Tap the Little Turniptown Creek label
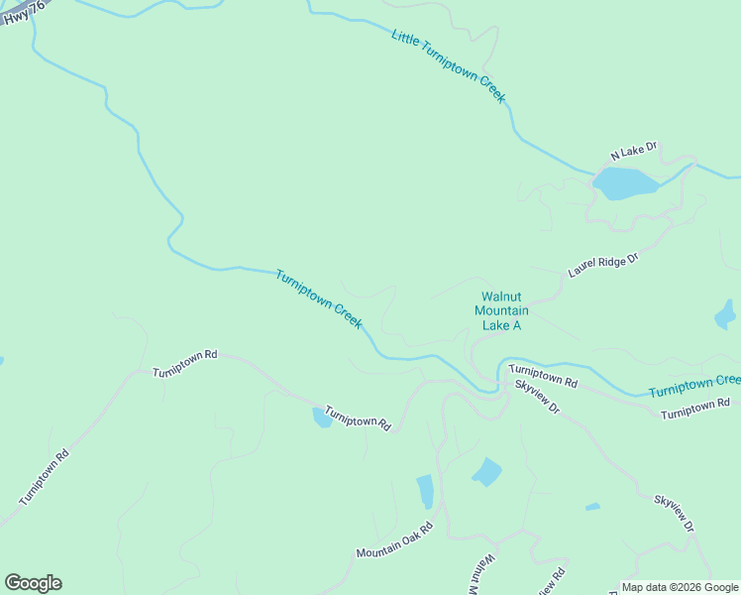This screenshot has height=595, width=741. click(x=449, y=66)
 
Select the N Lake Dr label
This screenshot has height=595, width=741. click(x=634, y=152)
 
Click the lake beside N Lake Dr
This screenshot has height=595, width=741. click(x=624, y=183)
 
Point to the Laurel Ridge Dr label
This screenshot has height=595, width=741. click(x=603, y=264)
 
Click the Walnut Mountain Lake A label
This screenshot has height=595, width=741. click(x=500, y=310)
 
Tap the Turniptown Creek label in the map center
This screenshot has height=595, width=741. click(x=319, y=299)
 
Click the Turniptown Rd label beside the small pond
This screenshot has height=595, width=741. click(x=357, y=420)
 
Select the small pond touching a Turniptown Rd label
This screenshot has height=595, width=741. click(x=322, y=416)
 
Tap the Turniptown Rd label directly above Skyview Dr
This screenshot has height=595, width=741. click(x=543, y=375)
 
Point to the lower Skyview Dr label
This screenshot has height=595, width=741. click(x=674, y=513)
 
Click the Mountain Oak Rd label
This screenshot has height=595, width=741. click(x=395, y=539)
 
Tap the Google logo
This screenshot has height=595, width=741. click(x=33, y=583)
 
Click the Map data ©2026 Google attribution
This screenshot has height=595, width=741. click(x=680, y=587)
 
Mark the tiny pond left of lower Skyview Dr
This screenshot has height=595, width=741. click(x=592, y=507)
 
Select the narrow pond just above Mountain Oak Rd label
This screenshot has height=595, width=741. click(x=425, y=491)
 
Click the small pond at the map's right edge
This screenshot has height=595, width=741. click(x=725, y=315)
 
